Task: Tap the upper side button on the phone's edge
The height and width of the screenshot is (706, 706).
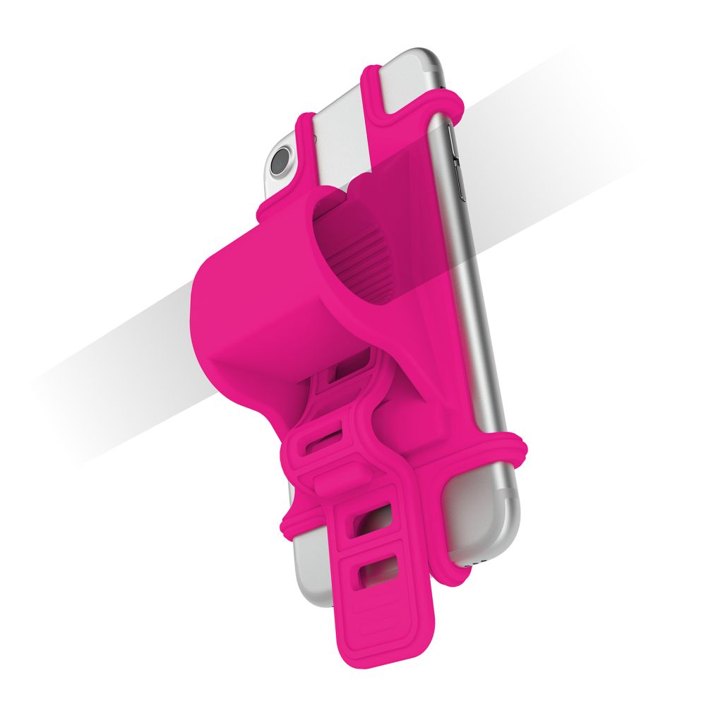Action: pos(457,169)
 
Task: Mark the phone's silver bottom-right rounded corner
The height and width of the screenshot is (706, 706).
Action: pos(498,558)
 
